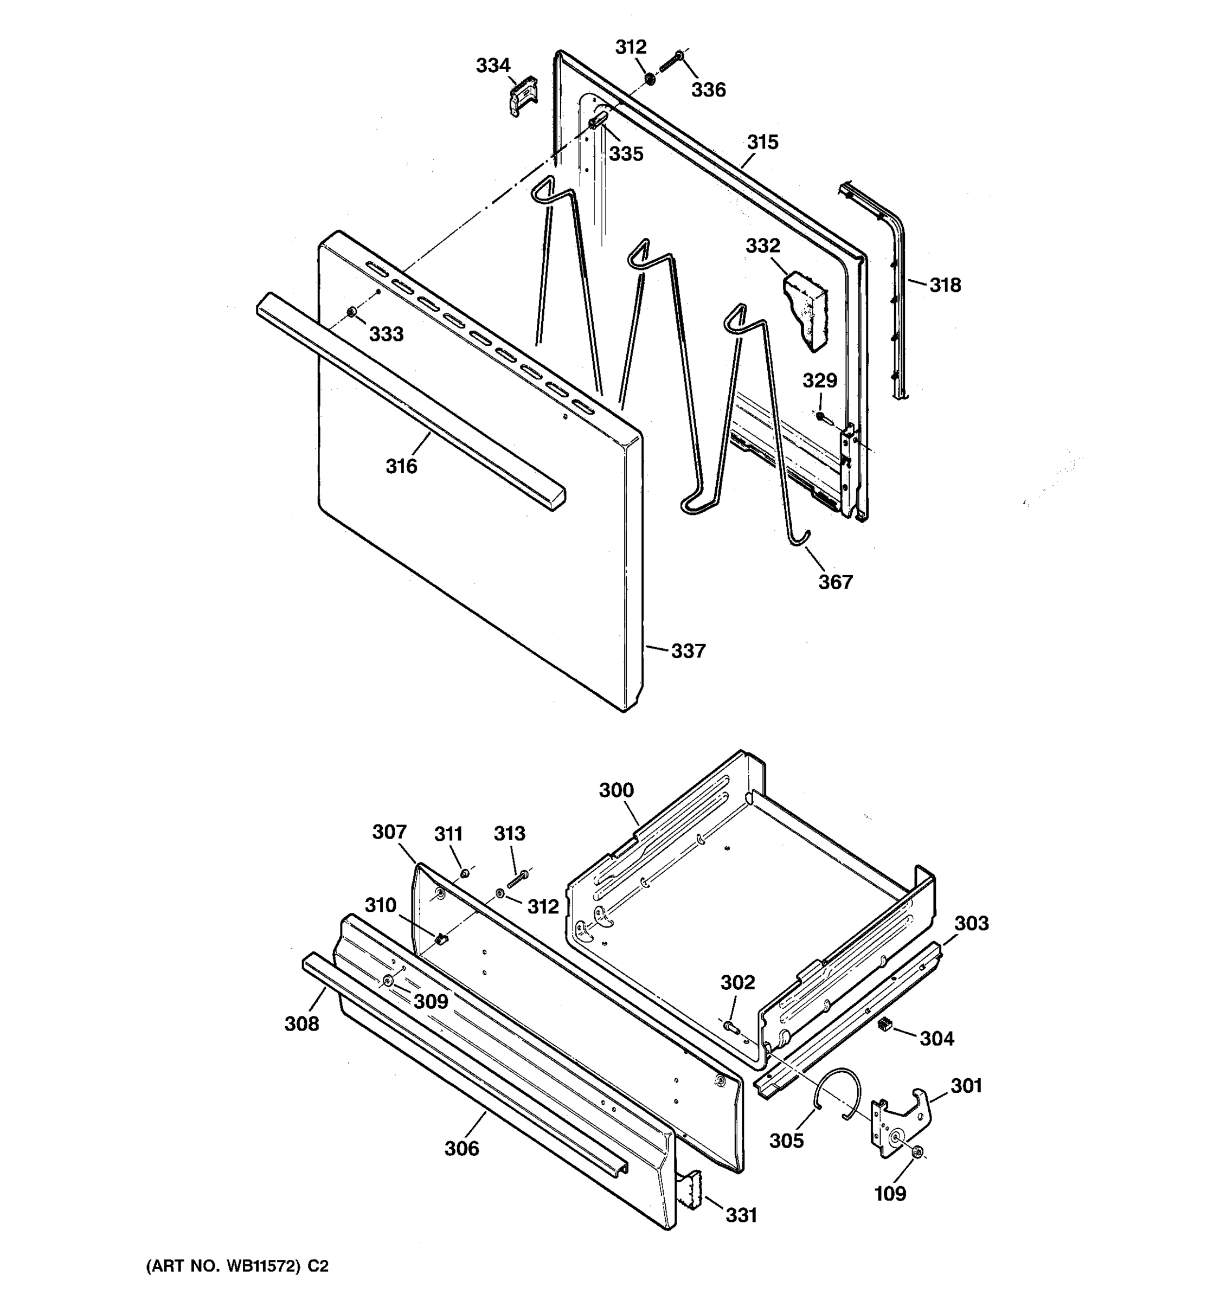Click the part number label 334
click(492, 66)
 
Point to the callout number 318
click(945, 285)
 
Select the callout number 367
click(835, 582)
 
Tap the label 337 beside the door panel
click(688, 650)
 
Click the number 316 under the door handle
click(401, 466)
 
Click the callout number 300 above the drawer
click(616, 790)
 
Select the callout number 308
click(301, 1023)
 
